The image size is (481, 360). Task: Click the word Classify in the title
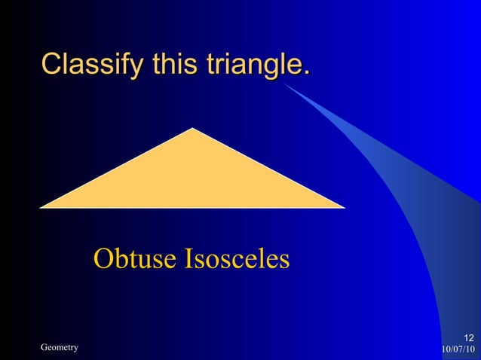[93, 65]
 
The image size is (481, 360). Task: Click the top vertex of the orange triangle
[193, 129]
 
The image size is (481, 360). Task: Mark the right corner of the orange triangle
[344, 206]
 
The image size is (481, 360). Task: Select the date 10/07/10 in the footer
[458, 349]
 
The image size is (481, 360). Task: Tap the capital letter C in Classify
[51, 65]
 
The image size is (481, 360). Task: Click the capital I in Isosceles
[188, 259]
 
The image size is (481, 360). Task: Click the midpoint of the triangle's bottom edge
[193, 206]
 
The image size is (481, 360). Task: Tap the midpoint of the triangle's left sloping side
[118, 168]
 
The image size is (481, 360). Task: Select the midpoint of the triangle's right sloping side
[268, 168]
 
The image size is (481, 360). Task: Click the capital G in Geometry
[44, 347]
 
